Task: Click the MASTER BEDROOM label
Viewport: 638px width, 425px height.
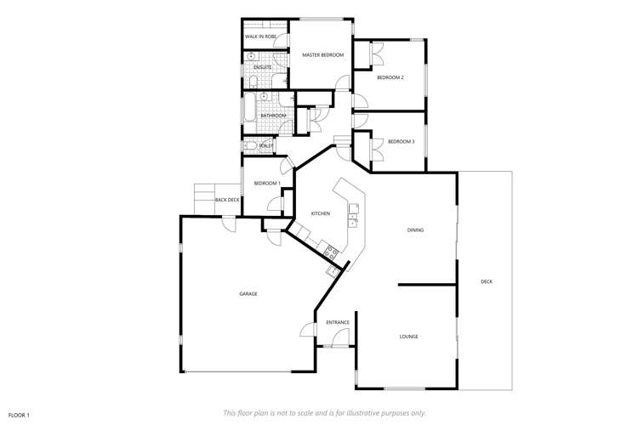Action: click(323, 55)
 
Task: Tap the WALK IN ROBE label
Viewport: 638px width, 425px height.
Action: click(260, 37)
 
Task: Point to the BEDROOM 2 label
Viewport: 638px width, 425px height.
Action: click(390, 77)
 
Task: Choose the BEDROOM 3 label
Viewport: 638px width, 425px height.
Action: click(401, 141)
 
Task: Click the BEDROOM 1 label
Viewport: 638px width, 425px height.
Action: click(267, 184)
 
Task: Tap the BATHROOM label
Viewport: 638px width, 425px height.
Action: click(273, 116)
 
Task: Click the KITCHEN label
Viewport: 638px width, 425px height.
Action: click(320, 213)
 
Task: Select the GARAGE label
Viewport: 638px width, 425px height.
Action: click(248, 294)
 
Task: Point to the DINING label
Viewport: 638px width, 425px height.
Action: click(415, 229)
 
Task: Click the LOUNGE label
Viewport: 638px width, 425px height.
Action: click(408, 337)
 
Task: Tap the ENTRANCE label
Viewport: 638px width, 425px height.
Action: click(338, 322)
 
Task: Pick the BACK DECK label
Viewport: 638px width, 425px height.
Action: click(227, 200)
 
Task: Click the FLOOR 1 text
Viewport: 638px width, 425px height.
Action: click(19, 415)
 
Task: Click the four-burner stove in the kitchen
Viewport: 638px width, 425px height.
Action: click(332, 251)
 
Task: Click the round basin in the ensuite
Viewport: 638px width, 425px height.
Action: click(252, 57)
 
